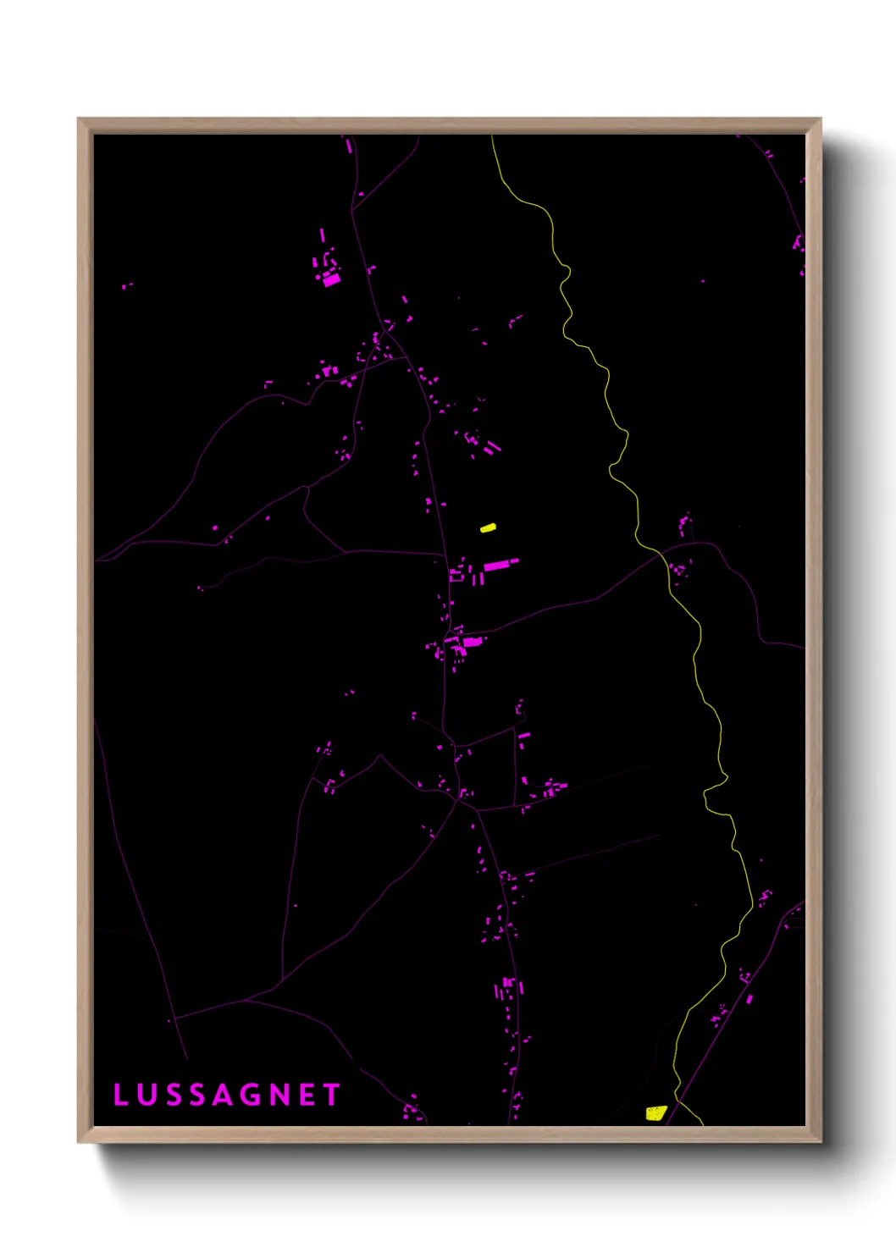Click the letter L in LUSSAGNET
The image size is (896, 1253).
[x=120, y=1095]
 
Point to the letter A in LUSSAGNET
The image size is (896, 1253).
[x=224, y=1095]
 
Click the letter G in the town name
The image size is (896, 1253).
[x=252, y=1095]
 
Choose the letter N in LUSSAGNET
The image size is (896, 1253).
[x=279, y=1095]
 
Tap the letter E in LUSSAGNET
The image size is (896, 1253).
[x=307, y=1095]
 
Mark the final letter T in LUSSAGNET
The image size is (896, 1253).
[x=331, y=1095]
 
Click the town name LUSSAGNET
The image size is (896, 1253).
[x=226, y=1095]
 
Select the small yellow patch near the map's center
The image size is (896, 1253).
[x=488, y=527]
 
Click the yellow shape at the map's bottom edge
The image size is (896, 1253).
[x=655, y=1112]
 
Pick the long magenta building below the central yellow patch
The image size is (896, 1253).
[x=500, y=564]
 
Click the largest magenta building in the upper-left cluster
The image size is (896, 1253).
[x=331, y=279]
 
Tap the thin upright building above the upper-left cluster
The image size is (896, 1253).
[x=322, y=235]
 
